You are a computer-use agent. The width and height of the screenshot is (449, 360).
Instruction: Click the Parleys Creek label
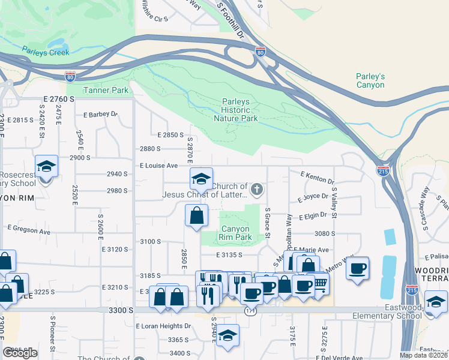[46, 52]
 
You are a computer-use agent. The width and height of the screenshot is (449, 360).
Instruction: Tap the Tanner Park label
[106, 91]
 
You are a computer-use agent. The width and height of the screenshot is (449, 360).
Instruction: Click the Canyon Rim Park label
[236, 233]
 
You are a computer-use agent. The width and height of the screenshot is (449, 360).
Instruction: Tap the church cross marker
[257, 190]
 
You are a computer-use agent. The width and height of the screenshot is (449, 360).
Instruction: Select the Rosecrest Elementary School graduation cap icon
[46, 167]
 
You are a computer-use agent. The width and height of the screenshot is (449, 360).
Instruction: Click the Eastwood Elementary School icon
[436, 301]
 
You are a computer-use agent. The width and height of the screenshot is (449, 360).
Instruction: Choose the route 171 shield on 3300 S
[250, 311]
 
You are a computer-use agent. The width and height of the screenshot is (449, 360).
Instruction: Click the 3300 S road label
[121, 310]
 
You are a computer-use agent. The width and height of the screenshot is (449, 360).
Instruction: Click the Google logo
[20, 353]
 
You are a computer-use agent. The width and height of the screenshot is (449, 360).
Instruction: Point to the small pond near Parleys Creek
[57, 44]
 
